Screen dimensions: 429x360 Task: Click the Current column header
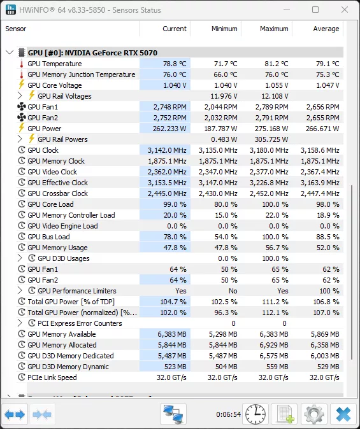tap(174, 29)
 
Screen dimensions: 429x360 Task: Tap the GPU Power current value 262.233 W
tap(166, 129)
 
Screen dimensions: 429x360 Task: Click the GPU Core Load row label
tap(50, 204)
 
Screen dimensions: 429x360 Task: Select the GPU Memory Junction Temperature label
tap(82, 74)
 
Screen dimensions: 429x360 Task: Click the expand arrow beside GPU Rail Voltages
tap(20, 96)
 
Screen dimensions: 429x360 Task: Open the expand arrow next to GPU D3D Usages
tap(20, 258)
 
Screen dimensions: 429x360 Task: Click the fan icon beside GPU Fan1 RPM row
tap(21, 107)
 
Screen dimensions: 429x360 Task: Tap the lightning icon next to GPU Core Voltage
tap(21, 85)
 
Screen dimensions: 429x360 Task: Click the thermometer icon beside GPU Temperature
tap(21, 64)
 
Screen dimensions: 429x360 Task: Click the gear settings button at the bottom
tap(314, 414)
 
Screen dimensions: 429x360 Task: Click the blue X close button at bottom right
tap(343, 414)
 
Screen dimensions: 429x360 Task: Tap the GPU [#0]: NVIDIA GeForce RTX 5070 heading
tap(92, 53)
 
